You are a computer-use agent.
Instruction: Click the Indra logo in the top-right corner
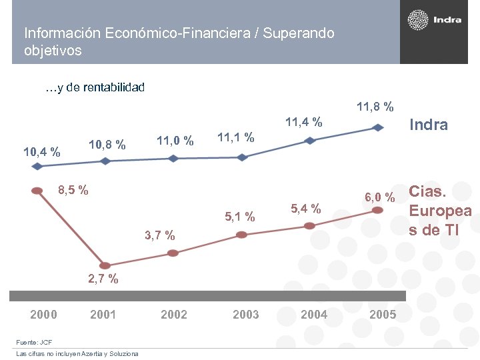[434, 21]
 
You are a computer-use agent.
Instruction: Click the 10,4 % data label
[42, 152]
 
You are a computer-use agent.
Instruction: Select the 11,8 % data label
[375, 107]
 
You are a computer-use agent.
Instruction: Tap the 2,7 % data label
[103, 279]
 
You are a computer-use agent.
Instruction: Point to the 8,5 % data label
[73, 190]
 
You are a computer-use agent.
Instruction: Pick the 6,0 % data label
[380, 197]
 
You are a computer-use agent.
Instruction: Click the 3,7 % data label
[160, 235]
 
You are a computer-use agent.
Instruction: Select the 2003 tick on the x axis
[245, 315]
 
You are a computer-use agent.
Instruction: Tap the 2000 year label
[44, 315]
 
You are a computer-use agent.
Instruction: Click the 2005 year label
[383, 315]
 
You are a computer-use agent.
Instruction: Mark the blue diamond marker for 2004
[310, 141]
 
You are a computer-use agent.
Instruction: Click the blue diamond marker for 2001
[105, 161]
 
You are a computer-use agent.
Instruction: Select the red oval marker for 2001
[105, 265]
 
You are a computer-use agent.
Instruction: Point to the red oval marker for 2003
[241, 235]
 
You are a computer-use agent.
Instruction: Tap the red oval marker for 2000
[37, 190]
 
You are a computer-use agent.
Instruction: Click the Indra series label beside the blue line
[428, 125]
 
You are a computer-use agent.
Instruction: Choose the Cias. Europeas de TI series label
[440, 211]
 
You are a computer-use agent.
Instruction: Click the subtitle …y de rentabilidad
[95, 87]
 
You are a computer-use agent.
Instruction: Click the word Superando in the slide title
[299, 33]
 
